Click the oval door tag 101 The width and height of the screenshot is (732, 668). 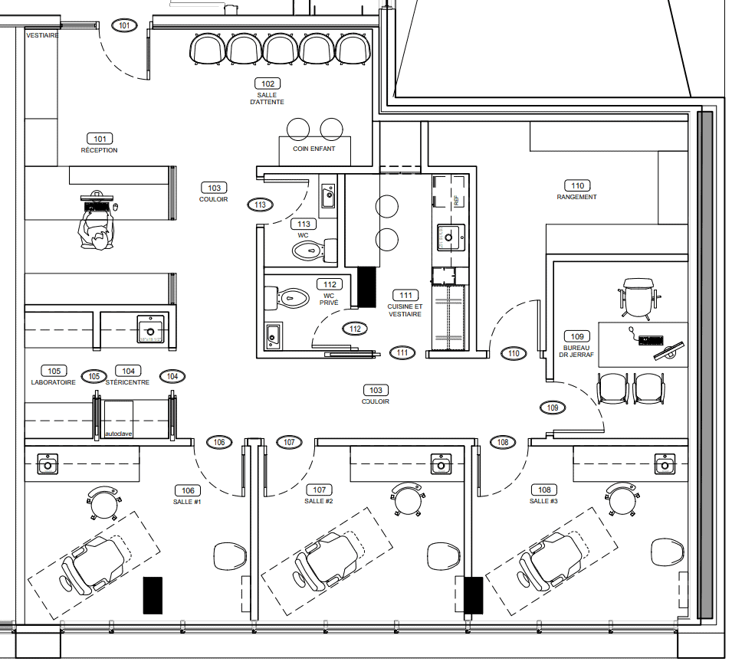pos(124,25)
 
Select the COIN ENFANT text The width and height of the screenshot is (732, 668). pos(313,149)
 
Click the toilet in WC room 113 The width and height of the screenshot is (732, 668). pos(310,250)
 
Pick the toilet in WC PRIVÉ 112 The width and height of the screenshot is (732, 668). pos(291,297)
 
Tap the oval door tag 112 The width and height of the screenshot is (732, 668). pos(354,329)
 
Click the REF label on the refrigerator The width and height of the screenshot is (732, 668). pos(456,201)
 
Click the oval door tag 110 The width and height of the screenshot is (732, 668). pos(514,353)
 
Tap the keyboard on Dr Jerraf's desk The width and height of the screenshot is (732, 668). pos(650,339)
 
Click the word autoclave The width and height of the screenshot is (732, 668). pos(118,434)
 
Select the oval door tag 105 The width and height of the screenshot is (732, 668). pos(94,376)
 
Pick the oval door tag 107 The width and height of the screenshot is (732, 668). pos(289,442)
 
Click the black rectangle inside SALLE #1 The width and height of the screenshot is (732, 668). pos(153,595)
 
